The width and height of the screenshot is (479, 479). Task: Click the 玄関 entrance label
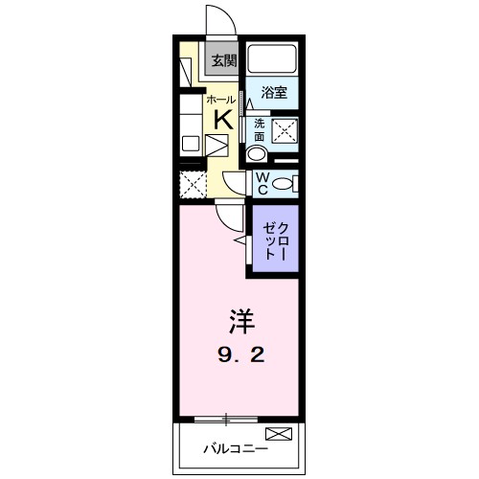pos(222,60)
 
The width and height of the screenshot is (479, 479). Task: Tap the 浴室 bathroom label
pos(274,93)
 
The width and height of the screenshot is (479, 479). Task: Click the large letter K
pos(221,119)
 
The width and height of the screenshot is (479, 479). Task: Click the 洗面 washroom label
pos(258,128)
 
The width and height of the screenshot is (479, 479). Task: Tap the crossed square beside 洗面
pos(285,133)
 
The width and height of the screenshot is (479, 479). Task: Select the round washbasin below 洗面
pos(257,153)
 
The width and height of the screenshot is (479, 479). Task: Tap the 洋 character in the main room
pos(239,320)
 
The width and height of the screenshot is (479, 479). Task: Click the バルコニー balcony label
pos(231,448)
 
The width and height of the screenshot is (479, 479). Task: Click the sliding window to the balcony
pos(226,419)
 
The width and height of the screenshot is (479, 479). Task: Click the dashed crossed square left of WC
pos(194,182)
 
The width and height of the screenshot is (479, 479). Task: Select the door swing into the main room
pos(226,216)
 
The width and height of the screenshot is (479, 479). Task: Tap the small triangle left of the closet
pos(239,244)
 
